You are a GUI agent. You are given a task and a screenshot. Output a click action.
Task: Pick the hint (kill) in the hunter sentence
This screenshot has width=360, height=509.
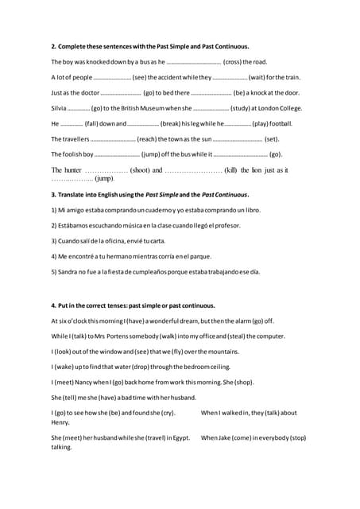click(x=231, y=170)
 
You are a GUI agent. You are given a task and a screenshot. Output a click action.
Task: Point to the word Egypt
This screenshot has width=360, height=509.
click(x=180, y=437)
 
